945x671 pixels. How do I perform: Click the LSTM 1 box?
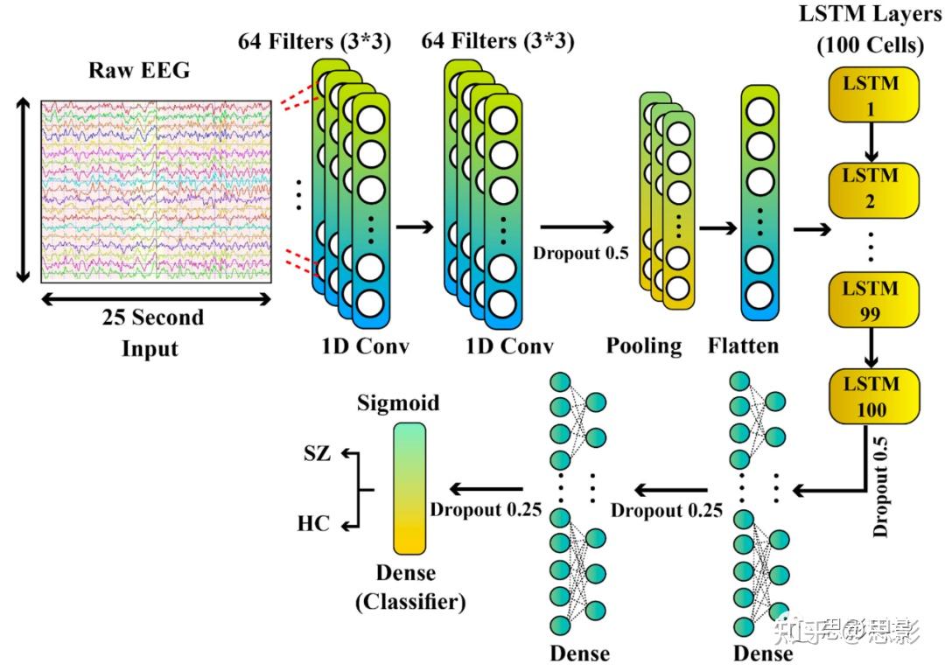(x=873, y=95)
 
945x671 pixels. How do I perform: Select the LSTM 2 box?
(x=873, y=190)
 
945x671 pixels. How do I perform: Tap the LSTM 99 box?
(x=873, y=301)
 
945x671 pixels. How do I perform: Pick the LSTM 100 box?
(x=874, y=396)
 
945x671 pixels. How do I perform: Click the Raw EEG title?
(x=139, y=71)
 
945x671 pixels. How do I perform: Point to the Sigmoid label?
(x=398, y=403)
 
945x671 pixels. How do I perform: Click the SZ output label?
(x=317, y=453)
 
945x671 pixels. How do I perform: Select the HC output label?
(x=313, y=523)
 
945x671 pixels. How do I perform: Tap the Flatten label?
(x=743, y=346)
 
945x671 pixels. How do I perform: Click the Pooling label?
(x=644, y=346)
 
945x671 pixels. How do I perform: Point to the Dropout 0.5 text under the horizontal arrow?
(x=580, y=253)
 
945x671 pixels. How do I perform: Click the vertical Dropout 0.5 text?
(x=880, y=486)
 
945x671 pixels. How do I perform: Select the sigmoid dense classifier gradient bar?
(x=409, y=488)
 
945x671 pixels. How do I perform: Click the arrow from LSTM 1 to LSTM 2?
(x=871, y=143)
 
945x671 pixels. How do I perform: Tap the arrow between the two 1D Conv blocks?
(x=415, y=227)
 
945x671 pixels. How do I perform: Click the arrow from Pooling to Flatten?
(x=717, y=228)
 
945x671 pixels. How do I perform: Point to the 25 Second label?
(x=153, y=318)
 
